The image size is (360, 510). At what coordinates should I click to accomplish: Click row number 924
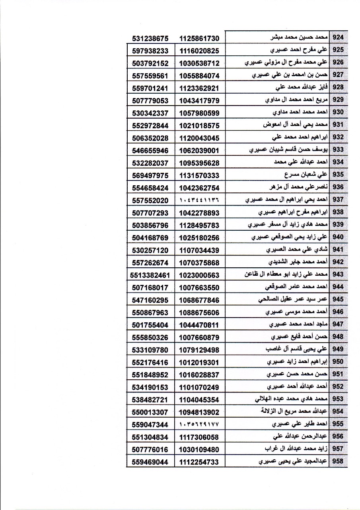[338, 37]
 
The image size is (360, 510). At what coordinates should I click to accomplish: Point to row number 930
[338, 112]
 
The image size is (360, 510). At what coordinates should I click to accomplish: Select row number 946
[338, 312]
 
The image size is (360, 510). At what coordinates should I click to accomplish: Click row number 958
[338, 461]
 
